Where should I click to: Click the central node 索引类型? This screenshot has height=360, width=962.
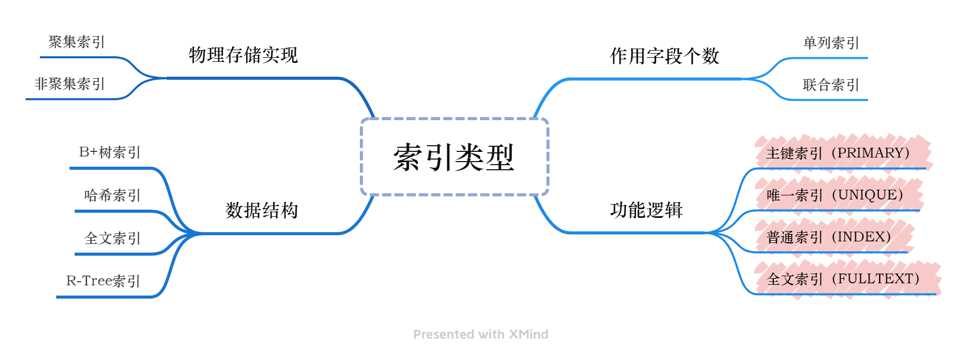(x=454, y=157)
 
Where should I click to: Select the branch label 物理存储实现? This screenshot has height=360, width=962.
(x=243, y=55)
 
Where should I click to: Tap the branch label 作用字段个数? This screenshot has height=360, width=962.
(x=665, y=56)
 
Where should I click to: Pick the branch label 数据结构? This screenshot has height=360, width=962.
(x=262, y=210)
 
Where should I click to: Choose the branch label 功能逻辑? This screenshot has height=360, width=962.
(x=646, y=210)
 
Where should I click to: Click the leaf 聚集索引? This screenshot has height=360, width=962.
(x=77, y=42)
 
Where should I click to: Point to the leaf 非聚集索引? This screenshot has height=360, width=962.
(x=70, y=84)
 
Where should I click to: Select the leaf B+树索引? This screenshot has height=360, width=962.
(x=109, y=152)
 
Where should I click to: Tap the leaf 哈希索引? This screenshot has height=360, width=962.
(x=112, y=195)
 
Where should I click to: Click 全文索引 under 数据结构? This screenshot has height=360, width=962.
(x=112, y=238)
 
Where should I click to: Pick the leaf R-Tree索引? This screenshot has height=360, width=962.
(x=103, y=281)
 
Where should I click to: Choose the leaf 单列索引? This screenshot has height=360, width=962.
(x=831, y=43)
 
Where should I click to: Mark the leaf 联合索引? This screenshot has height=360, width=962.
(x=831, y=85)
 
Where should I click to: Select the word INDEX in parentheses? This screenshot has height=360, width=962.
(x=861, y=237)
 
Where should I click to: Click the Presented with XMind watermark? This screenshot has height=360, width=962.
(x=480, y=334)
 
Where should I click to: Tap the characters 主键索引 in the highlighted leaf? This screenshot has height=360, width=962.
(x=794, y=153)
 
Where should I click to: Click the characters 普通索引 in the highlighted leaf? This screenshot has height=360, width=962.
(x=794, y=237)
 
